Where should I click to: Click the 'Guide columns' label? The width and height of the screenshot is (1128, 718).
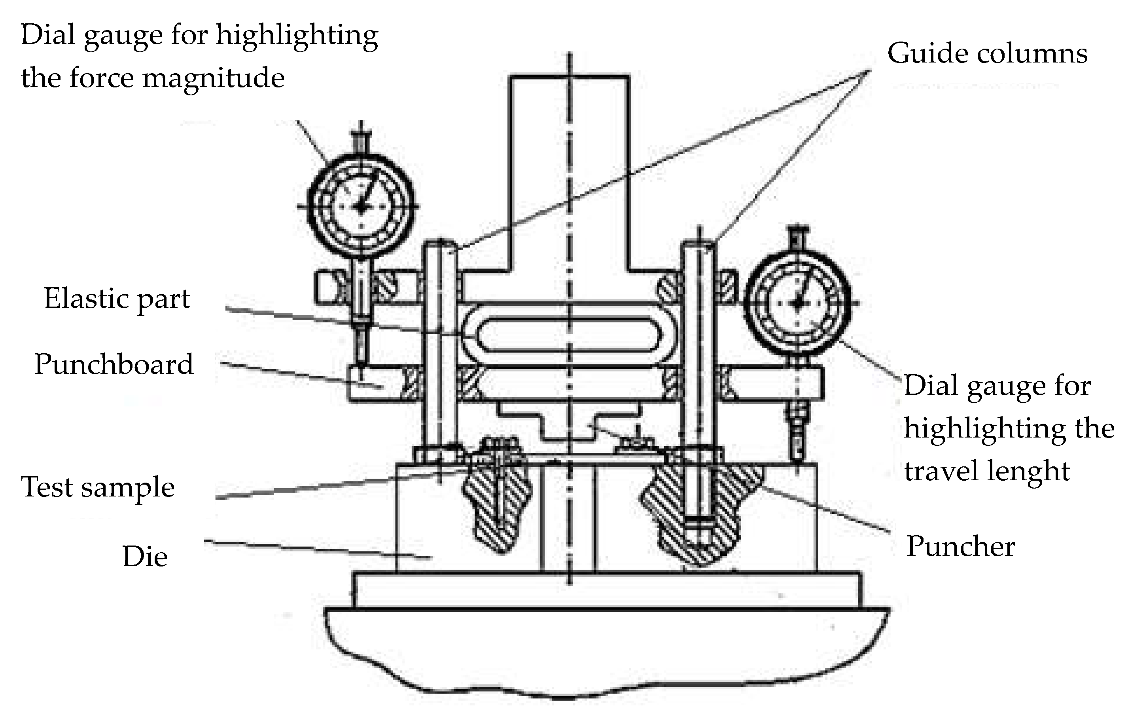pyautogui.click(x=987, y=54)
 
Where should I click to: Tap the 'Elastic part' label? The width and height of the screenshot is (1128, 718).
pyautogui.click(x=117, y=299)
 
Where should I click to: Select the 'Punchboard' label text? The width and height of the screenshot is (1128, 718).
pyautogui.click(x=114, y=365)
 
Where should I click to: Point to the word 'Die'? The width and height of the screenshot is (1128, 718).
pyautogui.click(x=145, y=557)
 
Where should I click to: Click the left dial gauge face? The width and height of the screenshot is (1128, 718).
pyautogui.click(x=361, y=206)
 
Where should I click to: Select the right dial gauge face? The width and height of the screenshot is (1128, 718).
pyautogui.click(x=797, y=303)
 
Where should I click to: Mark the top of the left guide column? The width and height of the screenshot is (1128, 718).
pyautogui.click(x=440, y=246)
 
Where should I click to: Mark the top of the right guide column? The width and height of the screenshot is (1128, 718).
pyautogui.click(x=698, y=246)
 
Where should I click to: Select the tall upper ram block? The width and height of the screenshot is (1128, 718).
pyautogui.click(x=569, y=173)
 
